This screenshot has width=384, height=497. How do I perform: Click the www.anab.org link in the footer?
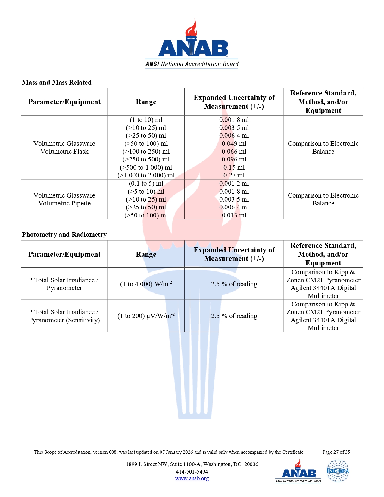(192, 478)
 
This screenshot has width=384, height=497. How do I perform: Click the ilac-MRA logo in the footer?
(338, 471)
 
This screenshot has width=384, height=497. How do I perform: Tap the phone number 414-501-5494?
(192, 472)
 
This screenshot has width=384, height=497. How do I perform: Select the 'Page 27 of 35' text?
(336, 452)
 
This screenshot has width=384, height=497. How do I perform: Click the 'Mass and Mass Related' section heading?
(57, 83)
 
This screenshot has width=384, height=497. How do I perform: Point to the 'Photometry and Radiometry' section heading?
(64, 235)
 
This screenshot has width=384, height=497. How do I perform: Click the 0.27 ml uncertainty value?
(234, 175)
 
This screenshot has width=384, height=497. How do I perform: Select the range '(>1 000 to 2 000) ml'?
(146, 175)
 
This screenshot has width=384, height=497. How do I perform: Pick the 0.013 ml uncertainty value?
(234, 215)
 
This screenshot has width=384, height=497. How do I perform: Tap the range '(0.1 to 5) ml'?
(146, 183)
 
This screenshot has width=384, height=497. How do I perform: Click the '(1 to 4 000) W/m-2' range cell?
(146, 284)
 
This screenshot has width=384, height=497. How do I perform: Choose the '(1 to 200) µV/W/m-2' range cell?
(146, 316)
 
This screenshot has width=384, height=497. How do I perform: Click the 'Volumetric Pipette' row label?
(64, 203)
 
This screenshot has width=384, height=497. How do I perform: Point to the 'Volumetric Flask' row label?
(64, 152)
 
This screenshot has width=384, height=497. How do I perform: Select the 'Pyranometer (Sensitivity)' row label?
(64, 320)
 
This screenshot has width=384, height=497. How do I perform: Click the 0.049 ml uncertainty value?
(234, 144)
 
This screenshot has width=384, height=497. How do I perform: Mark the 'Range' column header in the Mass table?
(146, 102)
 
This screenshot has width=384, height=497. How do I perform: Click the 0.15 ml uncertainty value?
(234, 167)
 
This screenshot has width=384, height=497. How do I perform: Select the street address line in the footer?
(192, 464)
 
